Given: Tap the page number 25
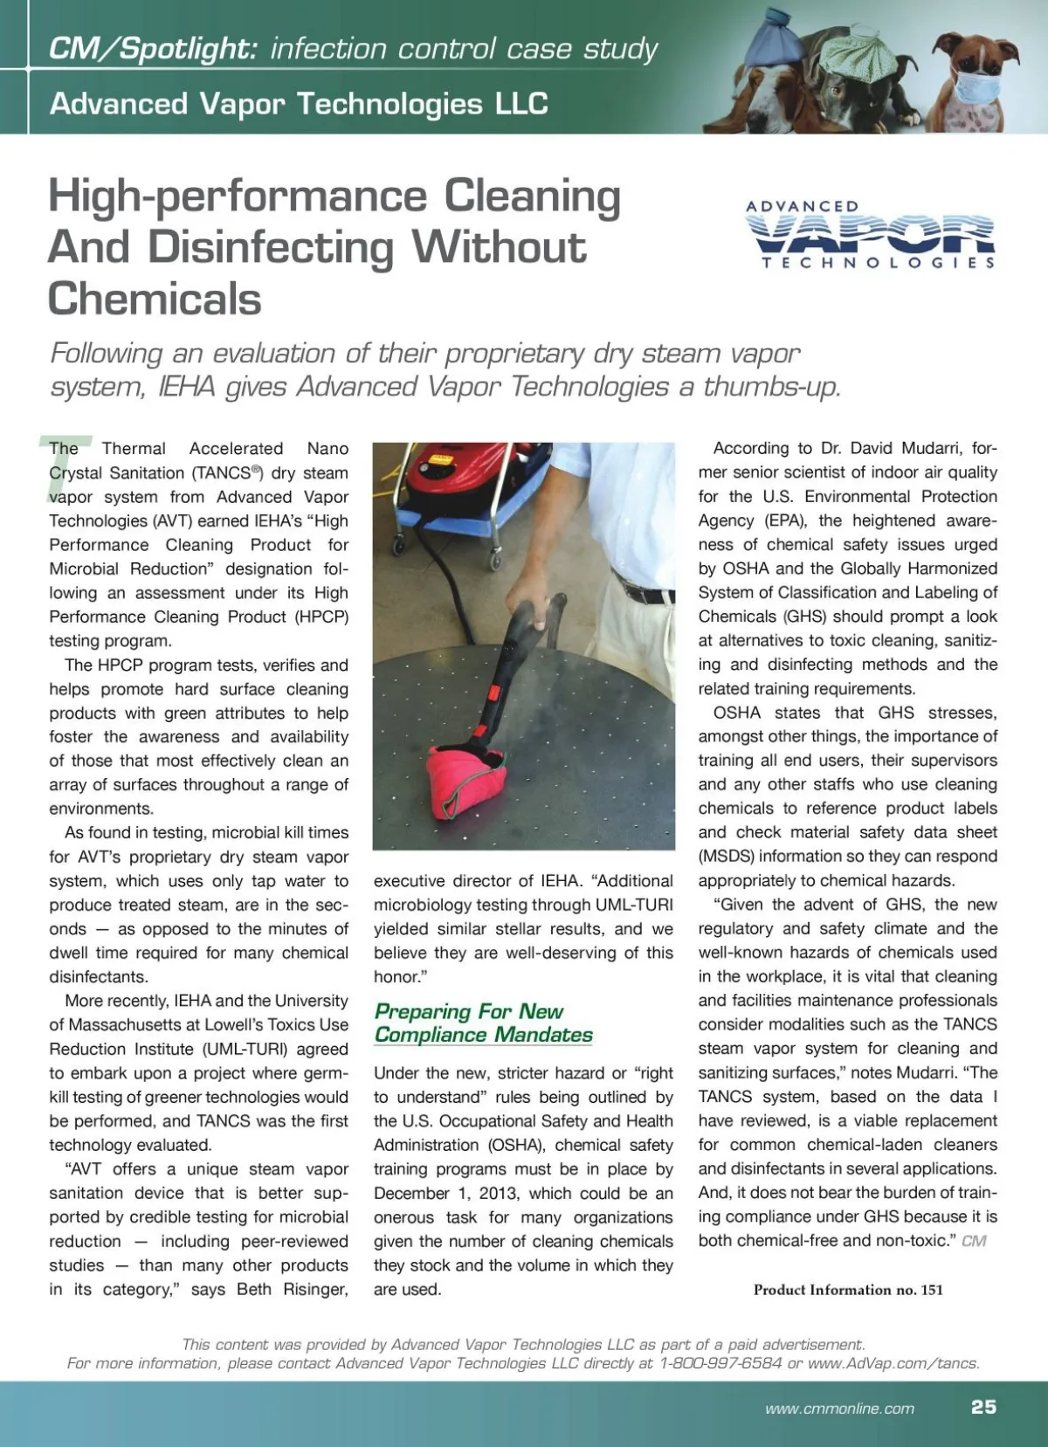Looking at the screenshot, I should coord(983,1407).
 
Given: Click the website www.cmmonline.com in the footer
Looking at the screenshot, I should coord(839,1408).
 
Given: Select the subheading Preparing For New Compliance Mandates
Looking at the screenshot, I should coord(483,1023).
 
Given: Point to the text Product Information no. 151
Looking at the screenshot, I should coord(848,1290).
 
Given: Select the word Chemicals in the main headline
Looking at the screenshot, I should coord(155,299).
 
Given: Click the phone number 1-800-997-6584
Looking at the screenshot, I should coord(720,1363).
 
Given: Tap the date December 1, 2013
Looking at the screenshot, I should coord(447,1193).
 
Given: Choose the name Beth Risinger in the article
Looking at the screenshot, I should coord(293,1289).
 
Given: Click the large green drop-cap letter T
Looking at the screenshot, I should coord(53,466).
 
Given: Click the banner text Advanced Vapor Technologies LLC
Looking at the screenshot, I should coord(299,104).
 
